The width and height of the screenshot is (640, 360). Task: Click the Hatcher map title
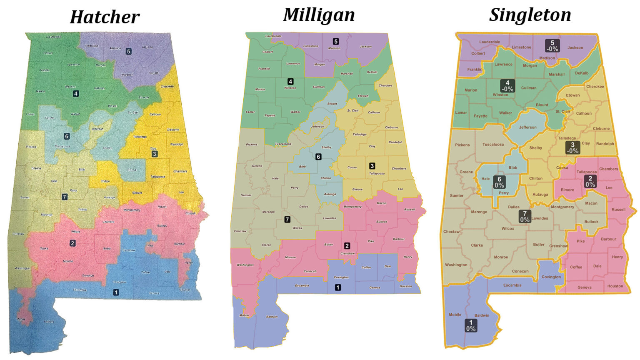[105, 17]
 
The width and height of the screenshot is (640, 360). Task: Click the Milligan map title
[319, 15]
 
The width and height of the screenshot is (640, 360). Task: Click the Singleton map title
[530, 15]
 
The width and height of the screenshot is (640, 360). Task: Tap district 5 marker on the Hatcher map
[128, 51]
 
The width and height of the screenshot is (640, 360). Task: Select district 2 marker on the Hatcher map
[72, 243]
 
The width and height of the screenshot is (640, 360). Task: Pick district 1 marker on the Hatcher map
[116, 292]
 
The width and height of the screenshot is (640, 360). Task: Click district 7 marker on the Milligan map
[287, 219]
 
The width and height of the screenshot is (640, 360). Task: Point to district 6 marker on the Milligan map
[318, 157]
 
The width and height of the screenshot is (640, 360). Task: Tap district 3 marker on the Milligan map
[372, 166]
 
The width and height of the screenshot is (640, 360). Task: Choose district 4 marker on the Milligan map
[290, 81]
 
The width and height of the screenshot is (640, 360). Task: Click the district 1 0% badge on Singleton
[471, 325]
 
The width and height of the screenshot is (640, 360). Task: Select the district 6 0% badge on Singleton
[499, 182]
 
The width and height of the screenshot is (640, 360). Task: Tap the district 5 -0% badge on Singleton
[552, 45]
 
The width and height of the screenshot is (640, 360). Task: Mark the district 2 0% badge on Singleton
[590, 181]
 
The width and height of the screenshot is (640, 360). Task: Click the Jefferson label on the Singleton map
[528, 127]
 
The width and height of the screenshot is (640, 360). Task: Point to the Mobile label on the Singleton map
[455, 315]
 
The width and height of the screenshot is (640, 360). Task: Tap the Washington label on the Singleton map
[456, 265]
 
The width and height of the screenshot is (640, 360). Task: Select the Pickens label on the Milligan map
[252, 145]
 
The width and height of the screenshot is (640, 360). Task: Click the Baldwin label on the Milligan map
[272, 317]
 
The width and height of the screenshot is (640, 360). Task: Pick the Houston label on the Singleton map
[615, 286]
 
